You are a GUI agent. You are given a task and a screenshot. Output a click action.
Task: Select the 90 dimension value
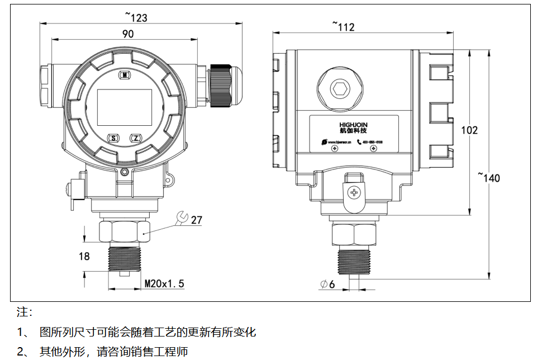click(128, 34)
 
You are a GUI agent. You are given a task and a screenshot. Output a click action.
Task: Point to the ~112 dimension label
click(343, 26)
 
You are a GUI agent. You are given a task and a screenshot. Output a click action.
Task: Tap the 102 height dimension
click(469, 130)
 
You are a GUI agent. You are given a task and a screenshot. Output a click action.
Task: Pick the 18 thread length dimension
click(84, 257)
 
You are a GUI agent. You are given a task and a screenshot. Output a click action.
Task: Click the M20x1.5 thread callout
click(164, 284)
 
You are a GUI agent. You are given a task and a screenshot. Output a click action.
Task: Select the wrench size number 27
click(197, 220)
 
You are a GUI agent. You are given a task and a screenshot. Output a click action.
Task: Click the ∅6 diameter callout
click(327, 285)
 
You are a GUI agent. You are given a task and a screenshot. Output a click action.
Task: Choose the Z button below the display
click(136, 138)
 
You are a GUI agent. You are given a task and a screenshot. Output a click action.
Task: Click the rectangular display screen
click(125, 107)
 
